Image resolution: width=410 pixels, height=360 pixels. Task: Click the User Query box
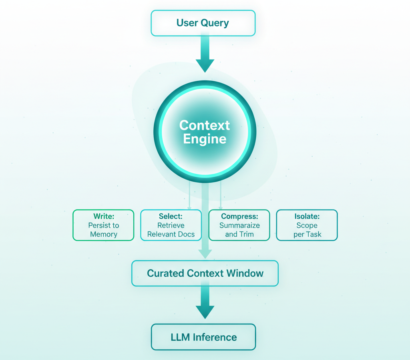click(x=203, y=23)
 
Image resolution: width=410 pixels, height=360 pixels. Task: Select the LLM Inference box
click(x=203, y=337)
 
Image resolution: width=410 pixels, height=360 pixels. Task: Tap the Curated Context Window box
click(x=205, y=274)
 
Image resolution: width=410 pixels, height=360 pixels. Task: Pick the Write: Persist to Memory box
click(x=103, y=225)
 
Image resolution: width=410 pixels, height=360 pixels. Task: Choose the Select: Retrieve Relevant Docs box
click(x=171, y=225)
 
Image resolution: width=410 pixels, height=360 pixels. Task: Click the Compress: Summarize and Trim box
click(x=239, y=225)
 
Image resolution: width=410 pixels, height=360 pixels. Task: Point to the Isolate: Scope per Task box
click(x=307, y=225)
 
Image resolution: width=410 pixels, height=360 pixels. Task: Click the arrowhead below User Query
click(x=205, y=65)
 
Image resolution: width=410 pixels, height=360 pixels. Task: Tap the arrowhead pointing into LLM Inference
click(x=205, y=312)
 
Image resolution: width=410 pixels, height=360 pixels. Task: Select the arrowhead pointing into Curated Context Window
click(x=205, y=253)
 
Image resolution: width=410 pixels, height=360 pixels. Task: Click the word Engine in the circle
click(x=205, y=139)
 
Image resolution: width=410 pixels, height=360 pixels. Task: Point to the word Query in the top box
click(x=215, y=23)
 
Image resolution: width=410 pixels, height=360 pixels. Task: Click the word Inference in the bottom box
click(x=215, y=337)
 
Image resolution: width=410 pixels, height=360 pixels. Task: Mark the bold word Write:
click(x=104, y=216)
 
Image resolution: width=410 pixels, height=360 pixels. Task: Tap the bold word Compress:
click(x=239, y=216)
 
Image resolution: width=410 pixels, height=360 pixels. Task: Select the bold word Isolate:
click(x=307, y=216)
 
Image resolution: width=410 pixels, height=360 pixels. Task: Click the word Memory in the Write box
click(x=103, y=234)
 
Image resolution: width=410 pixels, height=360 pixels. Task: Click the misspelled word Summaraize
click(x=239, y=225)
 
